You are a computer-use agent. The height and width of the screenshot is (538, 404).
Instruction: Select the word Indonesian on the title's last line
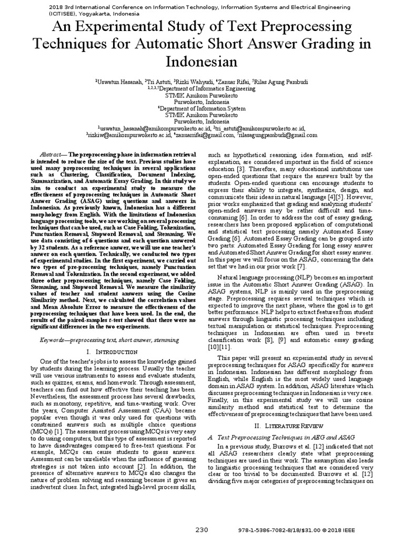pyautogui.click(x=201, y=61)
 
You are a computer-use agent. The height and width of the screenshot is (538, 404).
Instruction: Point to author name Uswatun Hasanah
pyautogui.click(x=119, y=82)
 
